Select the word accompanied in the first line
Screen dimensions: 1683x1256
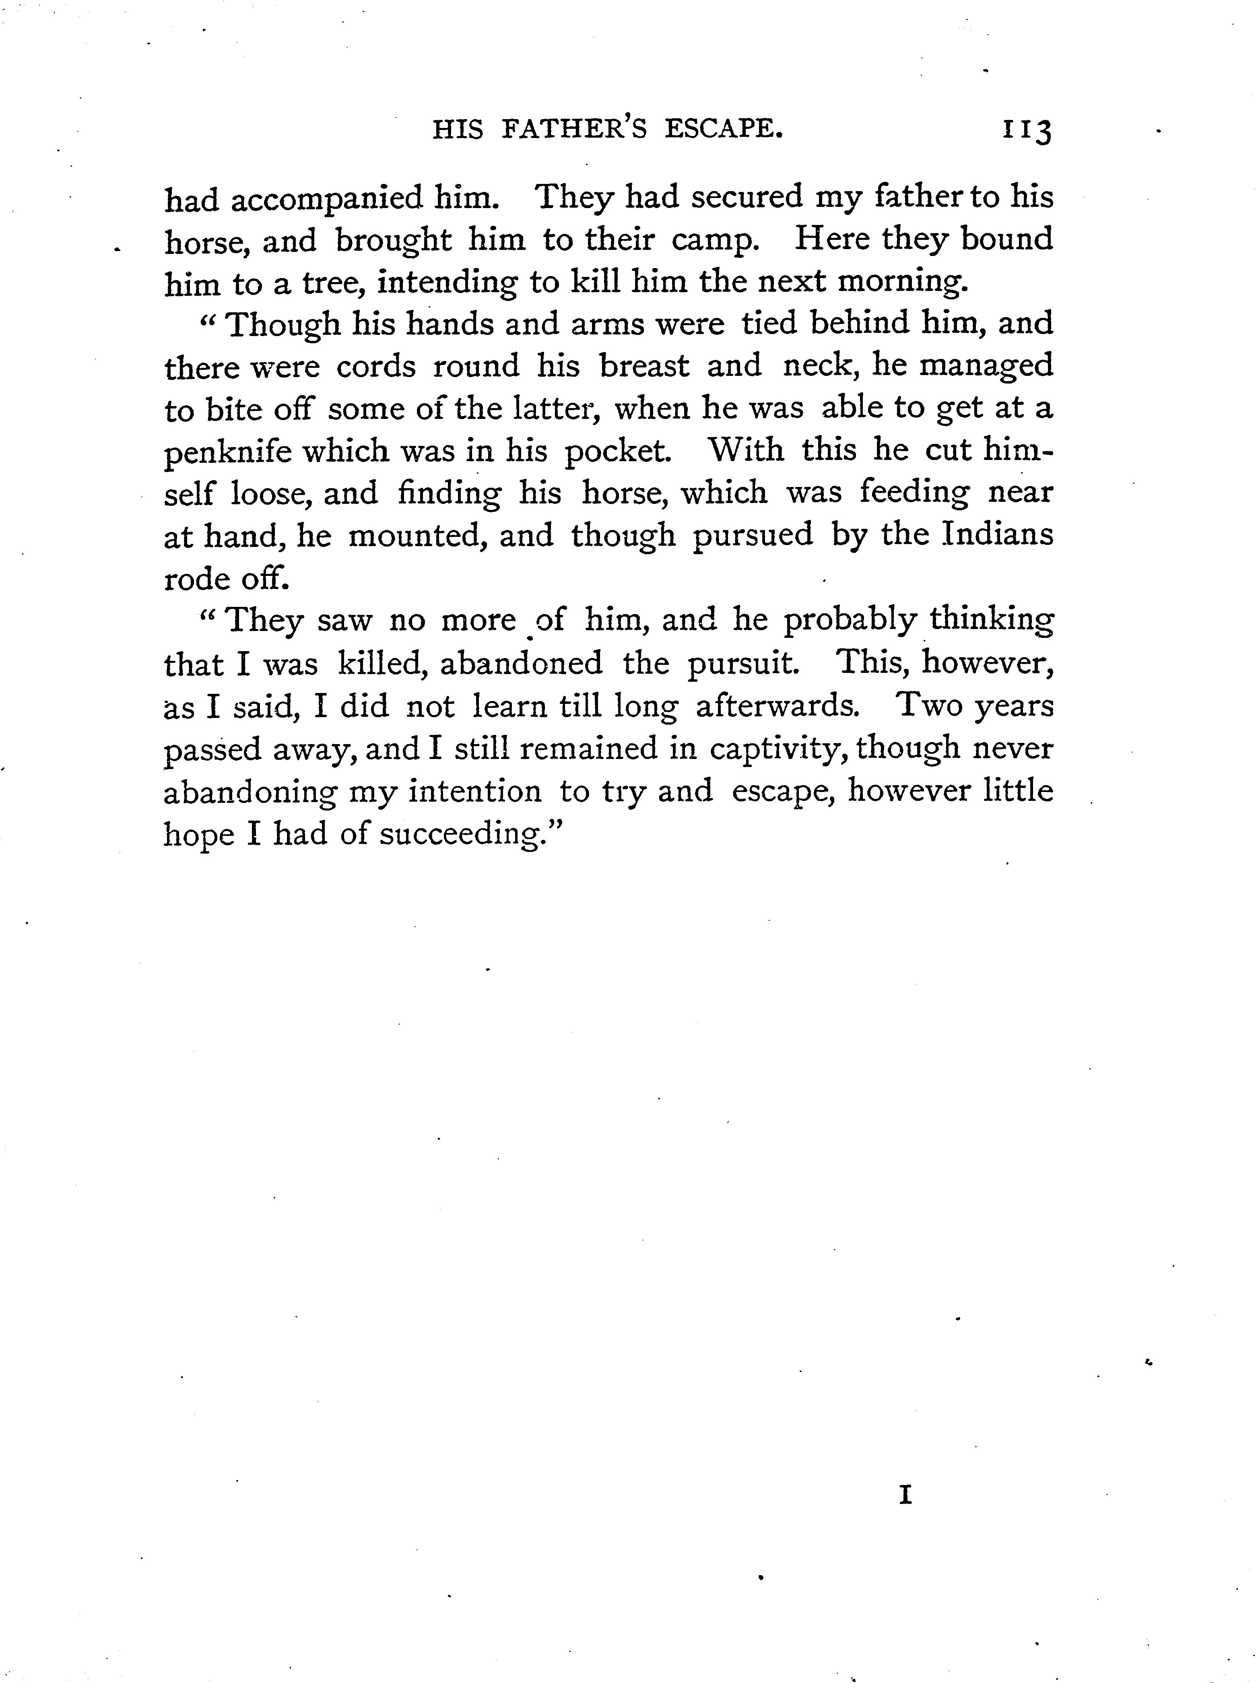point(327,199)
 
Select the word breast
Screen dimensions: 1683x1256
point(644,366)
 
